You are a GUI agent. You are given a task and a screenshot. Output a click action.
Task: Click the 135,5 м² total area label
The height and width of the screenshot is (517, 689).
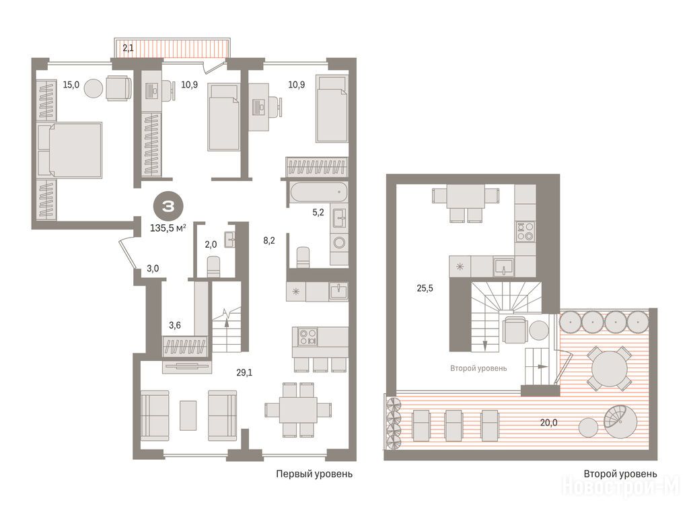pyautogui.click(x=168, y=228)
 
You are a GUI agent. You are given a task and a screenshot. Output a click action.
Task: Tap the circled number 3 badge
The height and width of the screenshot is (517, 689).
pyautogui.click(x=169, y=206)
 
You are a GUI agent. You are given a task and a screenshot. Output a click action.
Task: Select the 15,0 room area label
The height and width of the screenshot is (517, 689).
pyautogui.click(x=71, y=84)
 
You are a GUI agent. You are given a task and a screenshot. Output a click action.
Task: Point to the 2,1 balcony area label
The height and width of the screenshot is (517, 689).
pyautogui.click(x=129, y=48)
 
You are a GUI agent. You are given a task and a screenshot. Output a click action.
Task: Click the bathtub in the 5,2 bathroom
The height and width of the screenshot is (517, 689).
pyautogui.click(x=318, y=192)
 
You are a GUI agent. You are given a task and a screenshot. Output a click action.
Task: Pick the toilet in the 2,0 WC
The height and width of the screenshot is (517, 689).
pyautogui.click(x=213, y=266)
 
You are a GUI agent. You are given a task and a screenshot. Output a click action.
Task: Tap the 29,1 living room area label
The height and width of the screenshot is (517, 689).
pyautogui.click(x=244, y=373)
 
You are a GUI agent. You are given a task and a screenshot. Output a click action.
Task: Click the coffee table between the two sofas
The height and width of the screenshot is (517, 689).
pyautogui.click(x=188, y=415)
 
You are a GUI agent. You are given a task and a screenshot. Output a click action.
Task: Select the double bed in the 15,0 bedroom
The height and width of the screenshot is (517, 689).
pyautogui.click(x=70, y=150)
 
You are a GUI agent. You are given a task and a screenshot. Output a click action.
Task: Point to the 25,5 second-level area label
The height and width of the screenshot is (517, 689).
pyautogui.click(x=425, y=288)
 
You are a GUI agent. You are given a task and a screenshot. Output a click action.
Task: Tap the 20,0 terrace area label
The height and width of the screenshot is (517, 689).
pyautogui.click(x=549, y=423)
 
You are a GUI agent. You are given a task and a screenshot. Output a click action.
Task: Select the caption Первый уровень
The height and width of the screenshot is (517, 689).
pyautogui.click(x=314, y=474)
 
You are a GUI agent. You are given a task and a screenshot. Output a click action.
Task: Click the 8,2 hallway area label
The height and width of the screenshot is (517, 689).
pyautogui.click(x=269, y=240)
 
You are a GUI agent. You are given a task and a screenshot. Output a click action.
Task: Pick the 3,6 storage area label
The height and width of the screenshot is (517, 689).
pyautogui.click(x=175, y=325)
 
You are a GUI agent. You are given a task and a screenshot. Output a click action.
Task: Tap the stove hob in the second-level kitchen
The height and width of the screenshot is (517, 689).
pyautogui.click(x=525, y=232)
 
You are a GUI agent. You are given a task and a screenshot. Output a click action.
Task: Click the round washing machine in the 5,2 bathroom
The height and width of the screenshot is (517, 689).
pyautogui.click(x=339, y=242)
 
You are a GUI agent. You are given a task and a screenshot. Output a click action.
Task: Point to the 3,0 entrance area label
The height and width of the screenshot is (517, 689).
pyautogui.click(x=153, y=269)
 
